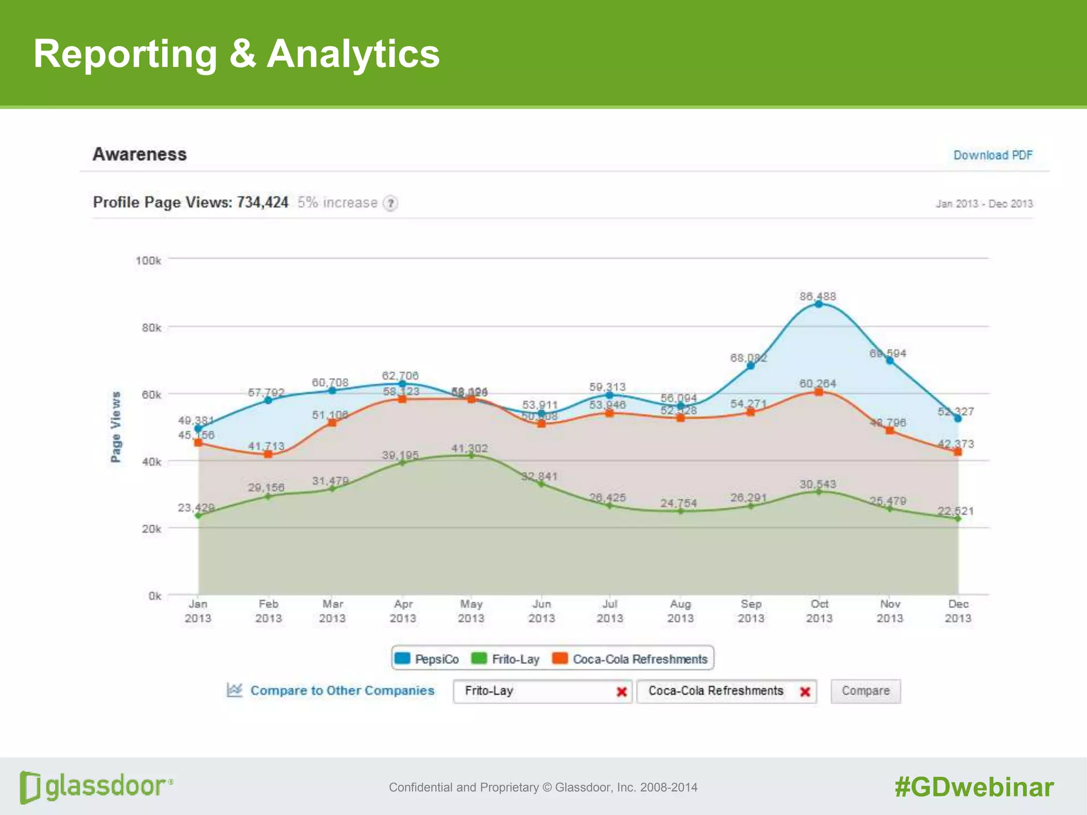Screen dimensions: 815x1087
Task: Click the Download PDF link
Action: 993,155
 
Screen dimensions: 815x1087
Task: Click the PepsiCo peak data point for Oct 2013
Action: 819,304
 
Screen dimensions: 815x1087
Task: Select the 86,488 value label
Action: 817,296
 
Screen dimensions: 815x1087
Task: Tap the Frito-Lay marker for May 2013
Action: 471,455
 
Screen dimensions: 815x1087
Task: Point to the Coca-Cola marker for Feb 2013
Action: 268,454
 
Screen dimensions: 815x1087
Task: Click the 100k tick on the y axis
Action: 148,261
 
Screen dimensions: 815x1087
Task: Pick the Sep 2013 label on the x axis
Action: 750,611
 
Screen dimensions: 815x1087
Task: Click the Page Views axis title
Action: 115,427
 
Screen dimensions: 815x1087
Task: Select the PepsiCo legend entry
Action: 427,659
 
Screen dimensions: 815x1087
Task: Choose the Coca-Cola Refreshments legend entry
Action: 631,659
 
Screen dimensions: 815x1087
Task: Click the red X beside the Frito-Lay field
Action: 622,691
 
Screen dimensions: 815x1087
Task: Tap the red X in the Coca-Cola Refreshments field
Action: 805,691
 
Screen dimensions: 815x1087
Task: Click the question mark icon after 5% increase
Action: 390,203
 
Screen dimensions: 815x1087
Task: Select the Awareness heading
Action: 140,154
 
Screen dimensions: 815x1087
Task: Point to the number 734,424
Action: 262,202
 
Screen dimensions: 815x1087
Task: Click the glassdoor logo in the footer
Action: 96,786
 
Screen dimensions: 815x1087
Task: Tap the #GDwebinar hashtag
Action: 974,787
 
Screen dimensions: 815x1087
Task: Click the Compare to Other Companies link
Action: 342,690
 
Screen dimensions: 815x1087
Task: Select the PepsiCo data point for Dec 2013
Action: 958,419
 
